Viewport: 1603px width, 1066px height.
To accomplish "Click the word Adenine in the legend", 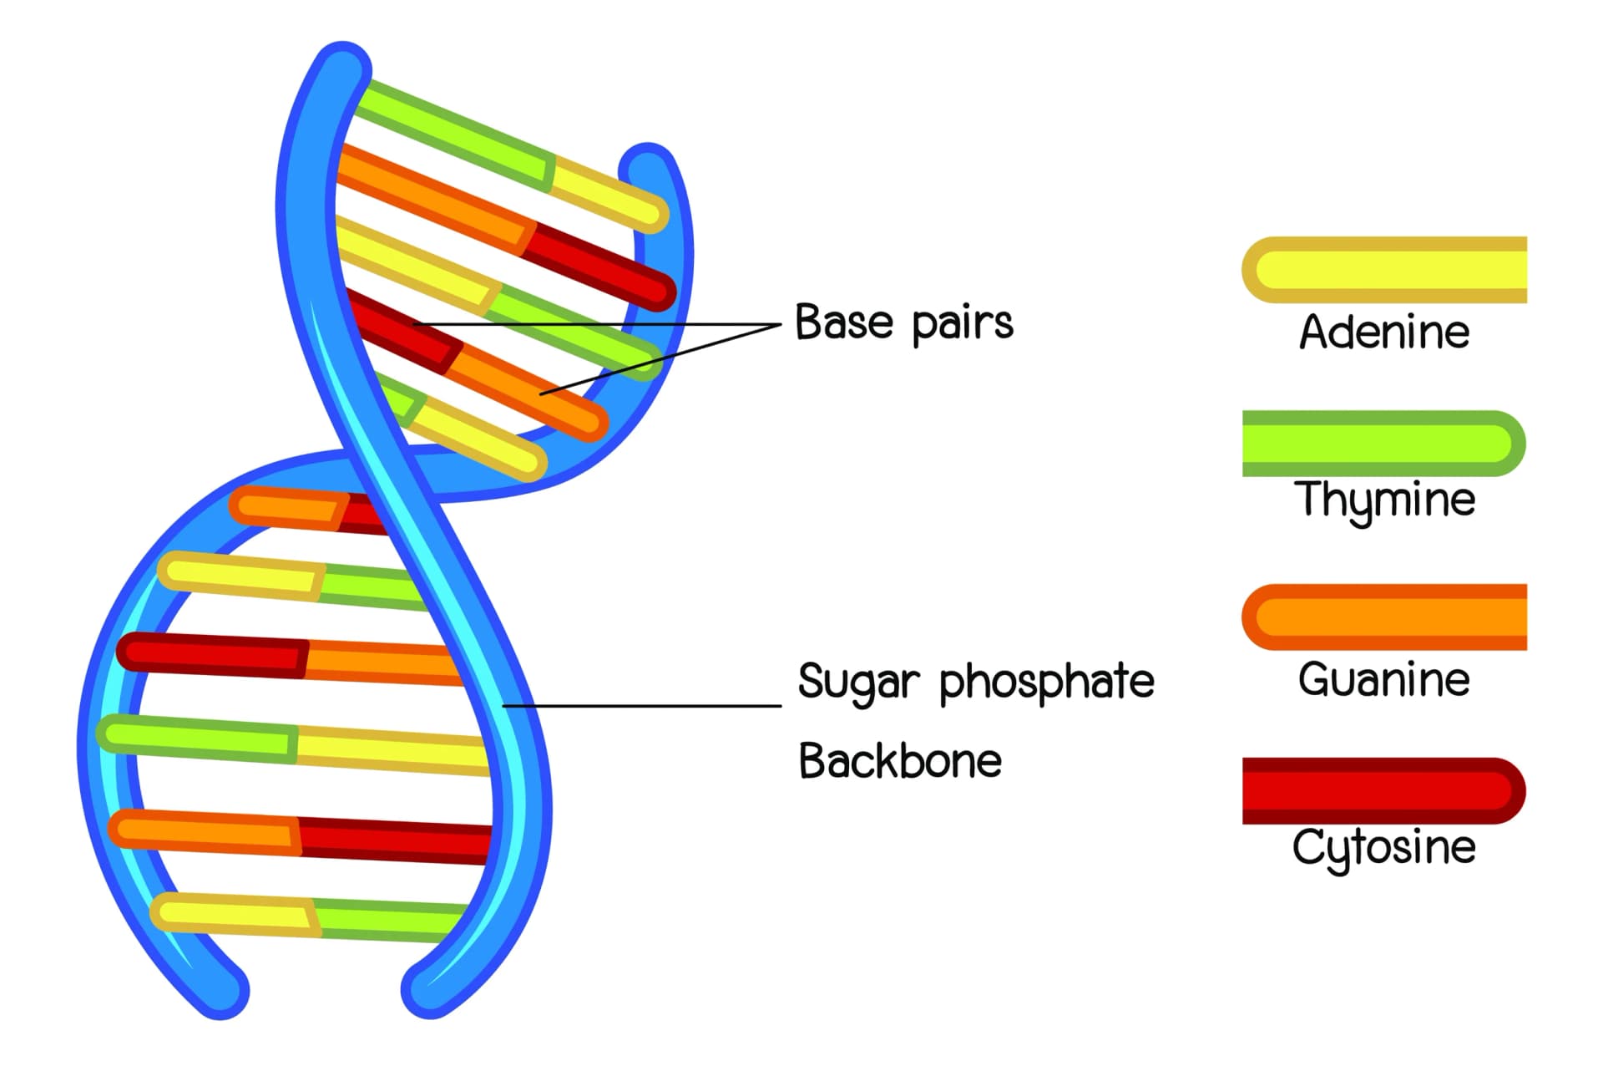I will [1383, 332].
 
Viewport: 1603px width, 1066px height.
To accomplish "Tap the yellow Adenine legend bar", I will [1383, 270].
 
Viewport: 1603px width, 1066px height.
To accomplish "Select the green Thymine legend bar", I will [1383, 444].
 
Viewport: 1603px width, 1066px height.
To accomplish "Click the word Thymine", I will [1383, 500].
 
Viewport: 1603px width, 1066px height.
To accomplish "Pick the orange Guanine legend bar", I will [1383, 617].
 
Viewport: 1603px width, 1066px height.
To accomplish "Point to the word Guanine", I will [1383, 679].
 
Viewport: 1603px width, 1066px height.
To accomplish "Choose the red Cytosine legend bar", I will [1383, 791].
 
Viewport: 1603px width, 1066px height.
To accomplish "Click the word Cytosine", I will [1383, 847].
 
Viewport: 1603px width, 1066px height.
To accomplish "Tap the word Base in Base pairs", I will [843, 322].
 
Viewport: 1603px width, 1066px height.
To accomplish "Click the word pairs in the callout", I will [962, 324].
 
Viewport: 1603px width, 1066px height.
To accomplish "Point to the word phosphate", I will [1046, 682].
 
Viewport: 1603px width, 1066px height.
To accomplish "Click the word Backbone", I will [899, 761].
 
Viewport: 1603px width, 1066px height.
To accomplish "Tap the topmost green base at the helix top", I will [451, 134].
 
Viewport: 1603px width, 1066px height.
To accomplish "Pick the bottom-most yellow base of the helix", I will [234, 913].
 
